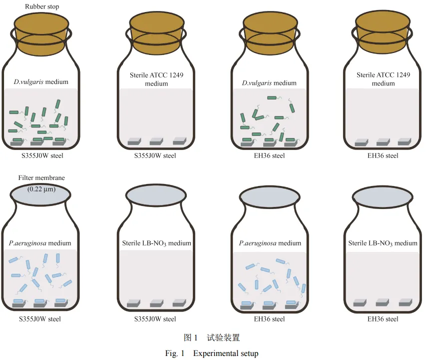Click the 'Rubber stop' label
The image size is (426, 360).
click(42, 6)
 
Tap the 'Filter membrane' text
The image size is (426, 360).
click(41, 178)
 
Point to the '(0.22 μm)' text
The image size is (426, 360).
click(41, 188)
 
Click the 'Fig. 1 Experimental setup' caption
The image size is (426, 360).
click(212, 353)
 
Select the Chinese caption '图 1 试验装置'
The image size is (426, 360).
click(212, 337)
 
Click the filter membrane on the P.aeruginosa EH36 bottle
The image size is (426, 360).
click(270, 196)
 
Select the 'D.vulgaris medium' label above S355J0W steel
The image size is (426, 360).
click(41, 82)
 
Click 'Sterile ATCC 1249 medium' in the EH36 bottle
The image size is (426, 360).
click(383, 79)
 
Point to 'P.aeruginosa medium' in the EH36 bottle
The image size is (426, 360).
click(270, 243)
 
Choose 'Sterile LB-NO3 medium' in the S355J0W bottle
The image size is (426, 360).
click(156, 243)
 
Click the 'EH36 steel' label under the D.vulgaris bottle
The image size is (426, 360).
click(269, 156)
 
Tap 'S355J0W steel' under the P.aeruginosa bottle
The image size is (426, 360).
click(40, 319)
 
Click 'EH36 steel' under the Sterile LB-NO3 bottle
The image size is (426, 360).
click(383, 319)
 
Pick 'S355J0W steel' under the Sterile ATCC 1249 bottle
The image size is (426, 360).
click(155, 156)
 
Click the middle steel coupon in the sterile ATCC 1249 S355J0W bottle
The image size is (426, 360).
click(156, 141)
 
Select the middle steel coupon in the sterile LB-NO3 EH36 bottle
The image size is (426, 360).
click(383, 302)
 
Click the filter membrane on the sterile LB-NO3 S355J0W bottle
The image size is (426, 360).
click(156, 195)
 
